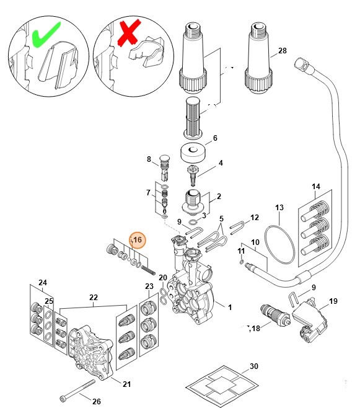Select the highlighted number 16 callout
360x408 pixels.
138,239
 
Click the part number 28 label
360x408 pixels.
283,50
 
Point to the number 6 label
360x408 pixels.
215,138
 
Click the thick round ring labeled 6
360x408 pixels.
191,152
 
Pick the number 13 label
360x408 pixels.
279,207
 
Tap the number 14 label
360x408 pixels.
316,186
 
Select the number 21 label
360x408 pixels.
126,384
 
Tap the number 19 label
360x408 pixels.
333,301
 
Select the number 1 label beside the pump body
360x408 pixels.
230,308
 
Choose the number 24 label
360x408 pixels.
43,283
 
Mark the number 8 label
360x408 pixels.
149,159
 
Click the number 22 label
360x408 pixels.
93,297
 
